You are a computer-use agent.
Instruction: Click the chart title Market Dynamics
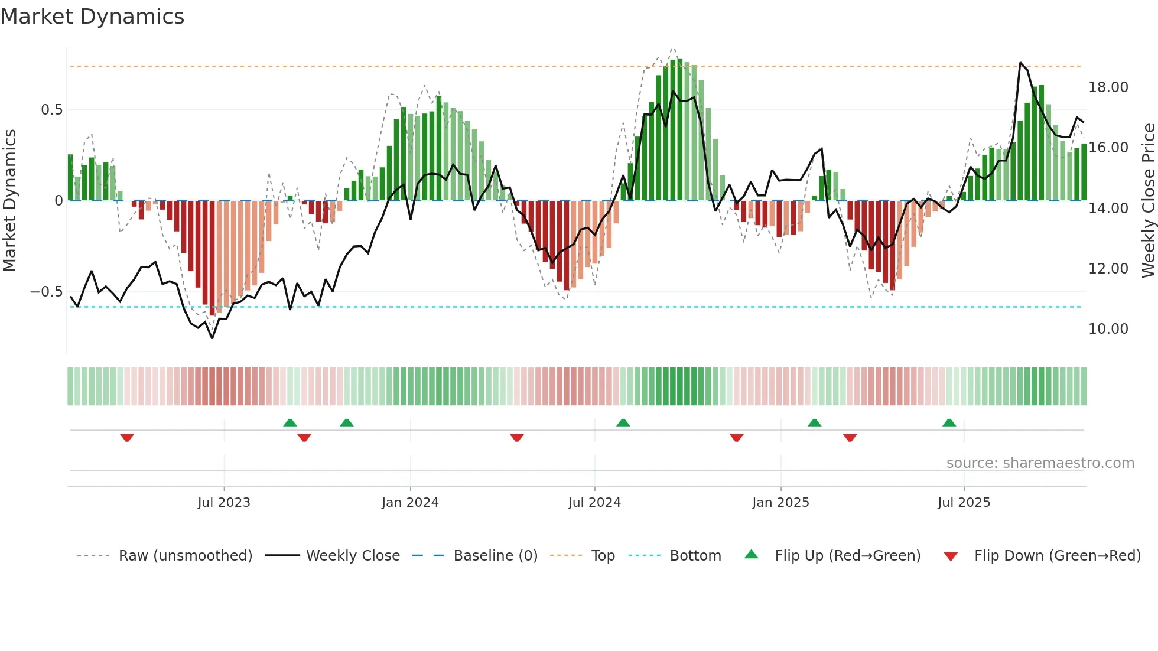[x=92, y=17]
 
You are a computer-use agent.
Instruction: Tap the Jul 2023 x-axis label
[x=224, y=503]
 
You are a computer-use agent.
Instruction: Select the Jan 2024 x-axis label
[x=410, y=503]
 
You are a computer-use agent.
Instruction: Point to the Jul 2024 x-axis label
[x=594, y=503]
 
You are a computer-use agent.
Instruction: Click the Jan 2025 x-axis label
[x=780, y=503]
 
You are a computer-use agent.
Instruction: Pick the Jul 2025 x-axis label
[x=964, y=503]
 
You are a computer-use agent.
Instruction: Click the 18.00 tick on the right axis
[x=1108, y=87]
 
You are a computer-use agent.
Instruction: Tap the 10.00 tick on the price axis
[x=1108, y=329]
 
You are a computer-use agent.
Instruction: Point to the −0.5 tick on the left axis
[x=46, y=292]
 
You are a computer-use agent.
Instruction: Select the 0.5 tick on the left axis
[x=51, y=110]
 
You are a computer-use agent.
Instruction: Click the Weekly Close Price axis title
[x=1148, y=201]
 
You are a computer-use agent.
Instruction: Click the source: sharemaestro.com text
[x=1040, y=463]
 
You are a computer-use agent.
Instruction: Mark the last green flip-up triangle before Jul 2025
[x=949, y=423]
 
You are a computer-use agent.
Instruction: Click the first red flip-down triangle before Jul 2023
[x=127, y=438]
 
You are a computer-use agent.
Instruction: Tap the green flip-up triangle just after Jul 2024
[x=623, y=423]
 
